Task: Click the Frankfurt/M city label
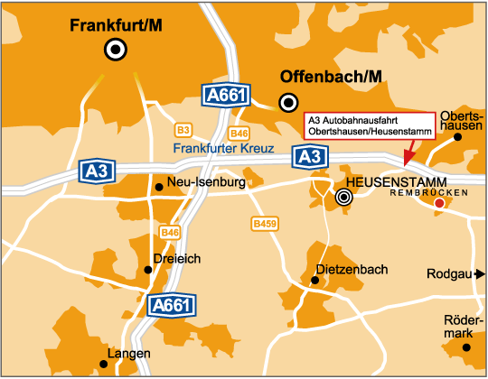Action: tap(116, 26)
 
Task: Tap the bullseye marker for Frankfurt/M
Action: tap(116, 51)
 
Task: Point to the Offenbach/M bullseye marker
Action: tap(288, 101)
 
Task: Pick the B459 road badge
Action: tap(264, 222)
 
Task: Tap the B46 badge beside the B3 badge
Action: tap(239, 134)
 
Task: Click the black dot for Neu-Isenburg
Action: tap(159, 187)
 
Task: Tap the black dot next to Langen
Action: tap(103, 364)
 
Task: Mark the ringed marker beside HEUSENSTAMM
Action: tap(343, 196)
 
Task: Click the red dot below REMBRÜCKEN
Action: tap(439, 204)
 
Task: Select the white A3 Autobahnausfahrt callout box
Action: tap(369, 126)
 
